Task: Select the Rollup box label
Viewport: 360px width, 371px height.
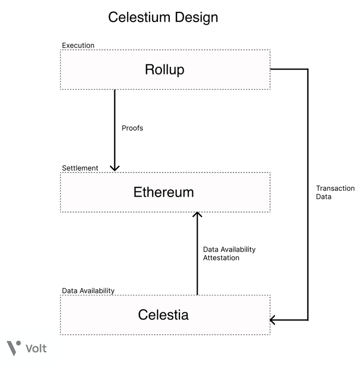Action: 165,69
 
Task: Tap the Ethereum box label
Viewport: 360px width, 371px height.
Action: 164,192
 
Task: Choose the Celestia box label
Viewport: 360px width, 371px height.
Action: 163,314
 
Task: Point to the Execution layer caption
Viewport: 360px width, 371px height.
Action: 78,45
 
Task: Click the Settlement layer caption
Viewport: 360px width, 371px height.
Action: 80,168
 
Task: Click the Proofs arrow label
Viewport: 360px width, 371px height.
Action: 132,128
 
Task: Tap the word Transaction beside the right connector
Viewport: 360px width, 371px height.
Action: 335,188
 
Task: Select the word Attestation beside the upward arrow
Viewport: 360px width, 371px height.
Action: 221,258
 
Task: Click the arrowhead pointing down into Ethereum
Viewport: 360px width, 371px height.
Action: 115,167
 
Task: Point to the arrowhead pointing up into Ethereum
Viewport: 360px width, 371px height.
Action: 197,215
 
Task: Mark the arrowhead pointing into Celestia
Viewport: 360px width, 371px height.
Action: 274,320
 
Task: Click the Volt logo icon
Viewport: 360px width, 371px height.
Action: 14,348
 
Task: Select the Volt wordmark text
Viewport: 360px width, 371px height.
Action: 36,348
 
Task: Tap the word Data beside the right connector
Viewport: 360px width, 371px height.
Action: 324,197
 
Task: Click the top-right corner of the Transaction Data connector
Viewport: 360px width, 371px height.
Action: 308,69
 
